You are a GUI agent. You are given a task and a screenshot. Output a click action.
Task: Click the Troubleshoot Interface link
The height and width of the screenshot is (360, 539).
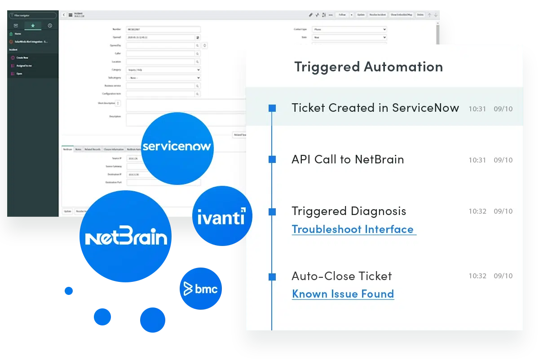(353, 229)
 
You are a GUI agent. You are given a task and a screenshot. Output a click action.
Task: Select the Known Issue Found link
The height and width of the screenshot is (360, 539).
(343, 294)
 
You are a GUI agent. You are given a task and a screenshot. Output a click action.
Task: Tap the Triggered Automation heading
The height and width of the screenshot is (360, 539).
(368, 67)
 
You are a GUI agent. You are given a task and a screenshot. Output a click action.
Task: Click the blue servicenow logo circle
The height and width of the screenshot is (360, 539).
(176, 146)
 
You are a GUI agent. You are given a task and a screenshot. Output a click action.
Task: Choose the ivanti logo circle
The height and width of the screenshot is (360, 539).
(221, 217)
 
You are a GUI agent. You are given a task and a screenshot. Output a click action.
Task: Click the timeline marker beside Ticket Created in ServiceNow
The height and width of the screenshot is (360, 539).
(272, 108)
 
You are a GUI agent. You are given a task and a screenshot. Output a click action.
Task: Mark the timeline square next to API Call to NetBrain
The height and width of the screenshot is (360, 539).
(272, 159)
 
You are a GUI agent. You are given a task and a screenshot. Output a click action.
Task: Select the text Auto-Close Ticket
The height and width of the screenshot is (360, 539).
(341, 276)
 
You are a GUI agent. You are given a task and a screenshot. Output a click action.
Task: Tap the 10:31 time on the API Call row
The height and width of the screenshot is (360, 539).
(477, 160)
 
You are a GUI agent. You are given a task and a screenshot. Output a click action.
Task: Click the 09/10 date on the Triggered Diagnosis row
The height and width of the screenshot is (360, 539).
(503, 211)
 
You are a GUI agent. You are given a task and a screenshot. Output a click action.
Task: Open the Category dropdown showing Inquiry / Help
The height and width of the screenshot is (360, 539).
(163, 70)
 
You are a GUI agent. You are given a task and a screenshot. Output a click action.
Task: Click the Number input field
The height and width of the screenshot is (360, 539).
(163, 29)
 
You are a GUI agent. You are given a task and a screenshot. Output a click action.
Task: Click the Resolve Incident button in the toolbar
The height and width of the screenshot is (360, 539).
(377, 15)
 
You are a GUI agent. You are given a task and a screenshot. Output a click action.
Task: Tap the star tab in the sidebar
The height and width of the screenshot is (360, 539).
(33, 26)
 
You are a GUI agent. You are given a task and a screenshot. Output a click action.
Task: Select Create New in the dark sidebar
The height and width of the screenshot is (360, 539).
(22, 58)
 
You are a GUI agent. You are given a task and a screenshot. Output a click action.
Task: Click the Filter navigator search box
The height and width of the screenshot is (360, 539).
(32, 16)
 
